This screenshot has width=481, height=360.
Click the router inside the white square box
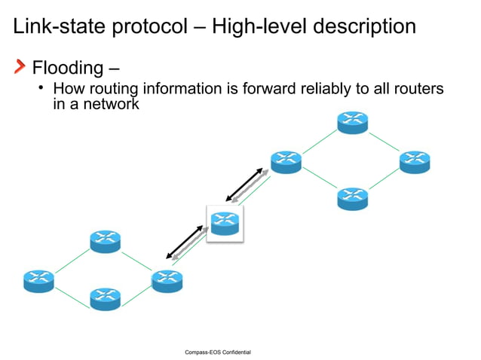(225, 223)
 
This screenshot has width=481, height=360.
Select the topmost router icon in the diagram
(352, 122)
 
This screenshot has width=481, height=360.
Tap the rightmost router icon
(415, 161)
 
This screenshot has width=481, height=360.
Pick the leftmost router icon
(38, 280)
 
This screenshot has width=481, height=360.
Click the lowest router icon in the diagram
(105, 298)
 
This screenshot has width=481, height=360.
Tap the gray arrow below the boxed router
(188, 247)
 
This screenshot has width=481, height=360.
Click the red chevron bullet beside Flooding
(20, 68)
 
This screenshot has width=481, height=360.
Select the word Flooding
(67, 69)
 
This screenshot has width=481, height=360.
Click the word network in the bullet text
(114, 105)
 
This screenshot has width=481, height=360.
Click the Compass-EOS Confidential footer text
(218, 352)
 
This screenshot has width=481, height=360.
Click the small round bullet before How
(43, 89)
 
